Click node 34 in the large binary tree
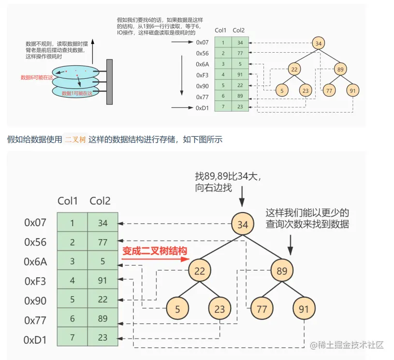(x=243, y=224)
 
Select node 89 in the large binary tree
(x=282, y=271)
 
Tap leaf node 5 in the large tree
(x=178, y=309)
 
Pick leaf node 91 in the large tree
(x=304, y=309)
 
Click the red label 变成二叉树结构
(x=154, y=251)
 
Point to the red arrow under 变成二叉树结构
(x=154, y=259)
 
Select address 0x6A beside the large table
(x=35, y=261)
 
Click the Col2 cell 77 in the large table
(x=102, y=242)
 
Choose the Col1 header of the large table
(x=68, y=201)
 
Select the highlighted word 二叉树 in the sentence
(x=75, y=140)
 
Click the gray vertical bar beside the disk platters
(x=110, y=82)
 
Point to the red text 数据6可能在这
(x=37, y=77)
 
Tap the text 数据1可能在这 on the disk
(x=77, y=93)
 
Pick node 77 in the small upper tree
(x=329, y=90)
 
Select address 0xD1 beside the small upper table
(x=202, y=108)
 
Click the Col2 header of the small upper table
(x=238, y=30)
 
